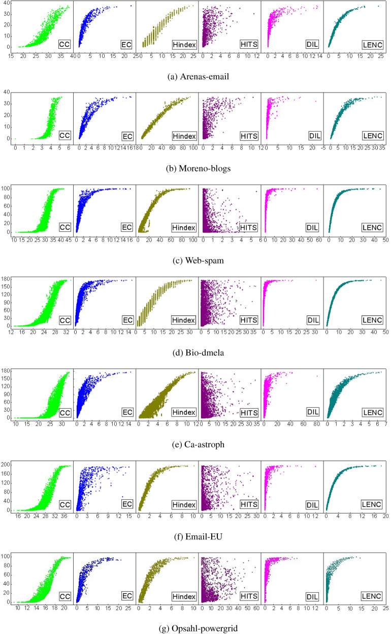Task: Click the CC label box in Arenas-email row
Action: (65, 44)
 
